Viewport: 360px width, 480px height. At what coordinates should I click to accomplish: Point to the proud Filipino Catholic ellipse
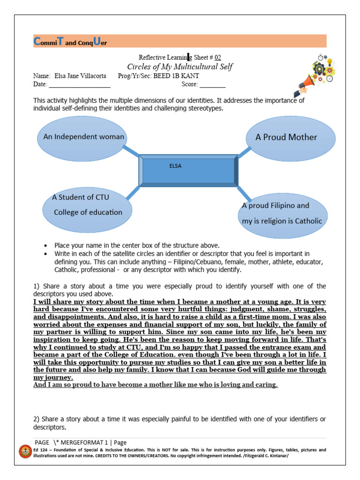[282, 213]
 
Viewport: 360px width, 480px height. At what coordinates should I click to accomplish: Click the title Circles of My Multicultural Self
[180, 67]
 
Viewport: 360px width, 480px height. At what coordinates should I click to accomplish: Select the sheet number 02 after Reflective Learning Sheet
[217, 58]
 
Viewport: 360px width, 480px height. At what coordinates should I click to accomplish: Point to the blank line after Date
[79, 86]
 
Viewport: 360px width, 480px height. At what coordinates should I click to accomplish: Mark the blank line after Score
[213, 86]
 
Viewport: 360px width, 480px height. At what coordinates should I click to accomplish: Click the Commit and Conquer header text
[70, 42]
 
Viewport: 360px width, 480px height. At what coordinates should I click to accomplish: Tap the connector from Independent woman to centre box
[131, 151]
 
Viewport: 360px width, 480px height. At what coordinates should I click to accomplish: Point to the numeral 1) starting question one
[36, 286]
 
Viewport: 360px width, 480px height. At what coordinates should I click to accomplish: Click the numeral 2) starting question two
[36, 419]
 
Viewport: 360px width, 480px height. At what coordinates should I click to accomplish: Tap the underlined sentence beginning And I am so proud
[156, 385]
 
